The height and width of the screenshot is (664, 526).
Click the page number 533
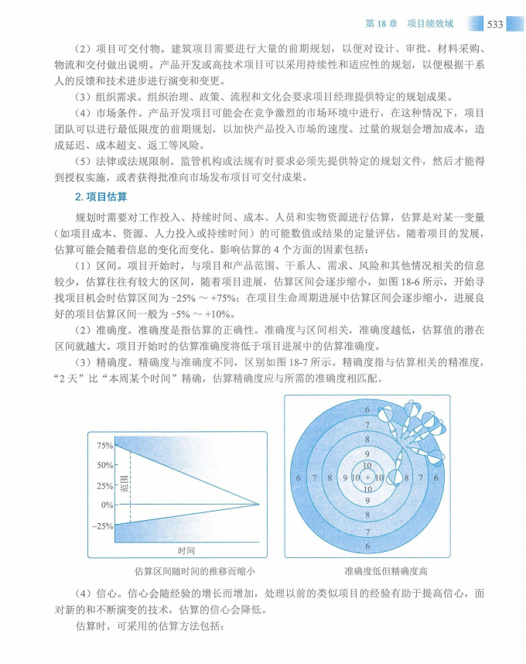(495, 24)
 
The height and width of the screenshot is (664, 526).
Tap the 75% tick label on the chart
(104, 446)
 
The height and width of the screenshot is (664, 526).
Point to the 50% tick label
(104, 466)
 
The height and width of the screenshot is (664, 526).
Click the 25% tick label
(104, 486)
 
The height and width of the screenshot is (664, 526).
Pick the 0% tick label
(107, 505)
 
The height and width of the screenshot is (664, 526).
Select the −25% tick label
(103, 526)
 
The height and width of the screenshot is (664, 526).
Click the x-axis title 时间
(186, 551)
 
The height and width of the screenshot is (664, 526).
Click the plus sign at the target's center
(367, 478)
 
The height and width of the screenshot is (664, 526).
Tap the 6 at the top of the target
(367, 409)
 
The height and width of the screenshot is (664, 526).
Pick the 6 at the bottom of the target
(367, 547)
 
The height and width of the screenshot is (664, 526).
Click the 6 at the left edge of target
(299, 478)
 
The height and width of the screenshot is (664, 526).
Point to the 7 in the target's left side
(315, 478)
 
